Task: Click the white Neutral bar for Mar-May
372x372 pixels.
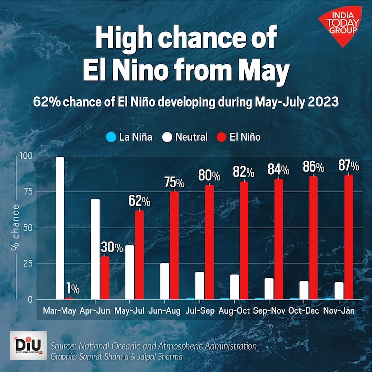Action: (60, 228)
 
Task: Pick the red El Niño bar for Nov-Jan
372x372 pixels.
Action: (349, 237)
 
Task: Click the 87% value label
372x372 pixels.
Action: (349, 166)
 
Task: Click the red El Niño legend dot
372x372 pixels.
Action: (221, 137)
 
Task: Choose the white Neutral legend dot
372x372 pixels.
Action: (167, 137)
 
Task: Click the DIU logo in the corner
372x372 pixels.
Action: (27, 345)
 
